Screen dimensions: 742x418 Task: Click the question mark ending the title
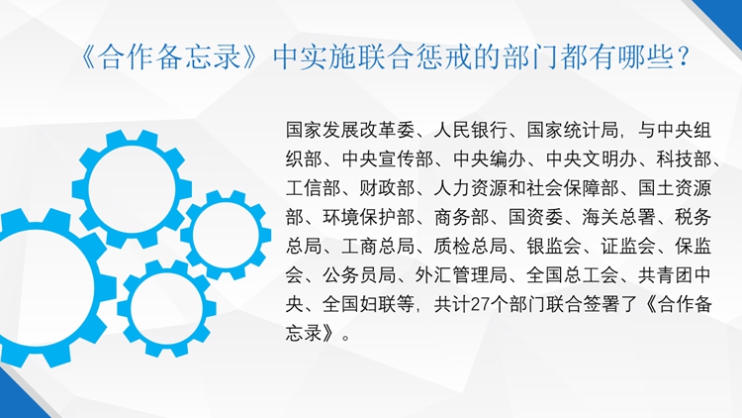[x=682, y=56]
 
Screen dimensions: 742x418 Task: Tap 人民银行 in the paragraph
[x=470, y=130]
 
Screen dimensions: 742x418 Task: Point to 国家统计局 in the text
[x=573, y=130]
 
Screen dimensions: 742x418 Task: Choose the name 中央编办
[x=490, y=159]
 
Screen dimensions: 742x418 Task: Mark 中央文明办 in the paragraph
[x=591, y=159]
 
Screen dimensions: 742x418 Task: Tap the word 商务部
[x=461, y=218]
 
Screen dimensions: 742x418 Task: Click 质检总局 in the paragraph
[x=470, y=247]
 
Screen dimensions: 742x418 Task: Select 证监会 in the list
[x=628, y=247]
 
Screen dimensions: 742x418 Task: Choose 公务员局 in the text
[x=359, y=275]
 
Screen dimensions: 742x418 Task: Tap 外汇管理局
[x=461, y=275]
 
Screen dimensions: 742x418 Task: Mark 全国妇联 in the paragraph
[x=359, y=305]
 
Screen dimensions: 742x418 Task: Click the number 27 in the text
[x=481, y=305]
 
